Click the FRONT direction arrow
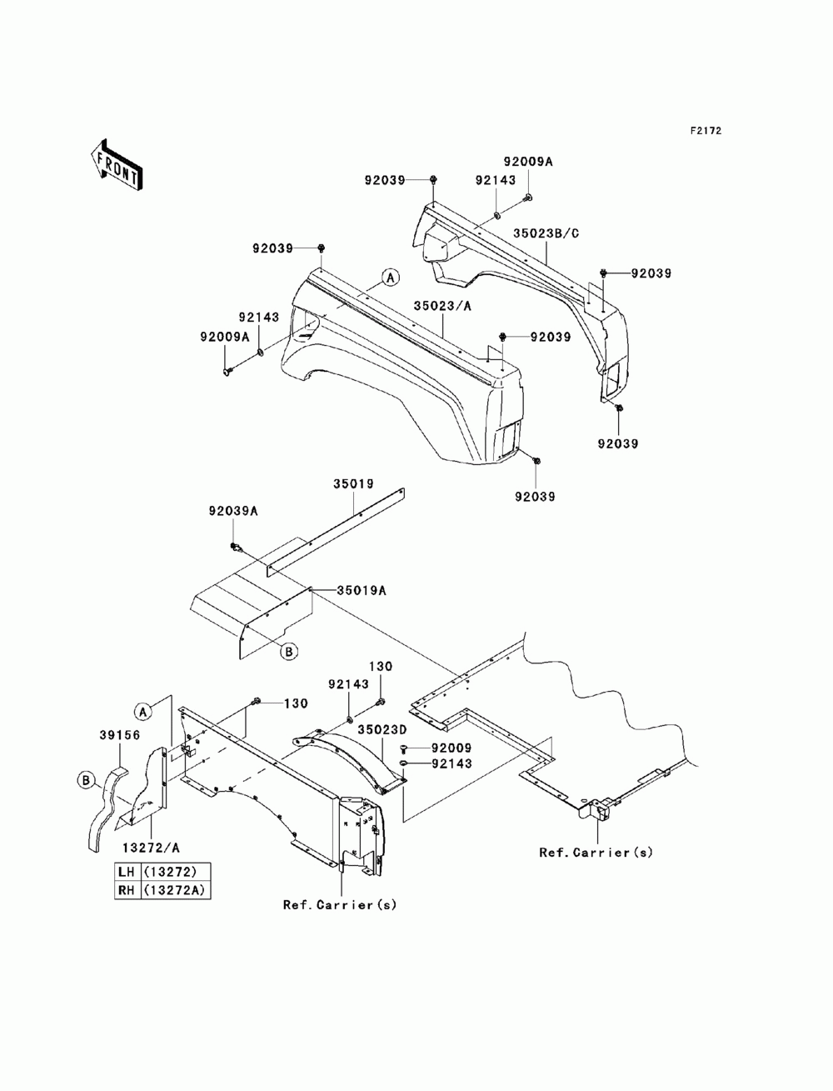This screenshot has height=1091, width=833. [x=117, y=164]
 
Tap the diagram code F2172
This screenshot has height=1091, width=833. [x=706, y=131]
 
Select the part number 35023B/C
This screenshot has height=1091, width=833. [x=546, y=233]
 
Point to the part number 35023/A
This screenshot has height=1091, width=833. [x=442, y=306]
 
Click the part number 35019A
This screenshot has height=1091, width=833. [x=362, y=590]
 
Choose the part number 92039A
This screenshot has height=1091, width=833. [x=233, y=511]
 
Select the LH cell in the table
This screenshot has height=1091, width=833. [x=127, y=871]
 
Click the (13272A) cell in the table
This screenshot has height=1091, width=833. [x=174, y=889]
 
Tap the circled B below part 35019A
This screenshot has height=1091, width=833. [x=289, y=651]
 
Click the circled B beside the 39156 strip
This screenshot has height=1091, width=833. [x=86, y=781]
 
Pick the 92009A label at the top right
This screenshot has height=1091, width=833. [x=528, y=162]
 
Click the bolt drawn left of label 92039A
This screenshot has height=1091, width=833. [x=236, y=548]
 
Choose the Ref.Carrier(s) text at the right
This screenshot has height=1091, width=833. [x=596, y=853]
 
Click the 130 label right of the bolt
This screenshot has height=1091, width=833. [x=296, y=703]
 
